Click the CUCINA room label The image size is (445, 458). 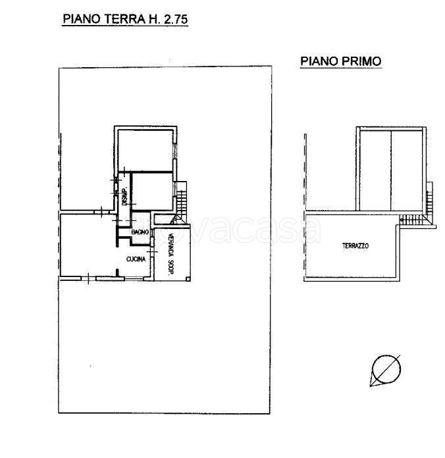pos(136,259)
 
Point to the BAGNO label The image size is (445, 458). pos(140,232)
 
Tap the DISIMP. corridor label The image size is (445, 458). pos(124,196)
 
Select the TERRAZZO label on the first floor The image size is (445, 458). pos(355,245)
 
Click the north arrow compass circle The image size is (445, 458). pos(386,369)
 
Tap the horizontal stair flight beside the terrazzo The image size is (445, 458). pos(414,219)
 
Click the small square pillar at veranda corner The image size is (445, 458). pos(188,280)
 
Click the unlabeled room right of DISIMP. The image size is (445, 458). pos(152,191)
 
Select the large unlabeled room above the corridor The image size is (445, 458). pos(145,150)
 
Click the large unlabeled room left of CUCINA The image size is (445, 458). pos(88,245)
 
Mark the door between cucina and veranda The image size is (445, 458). pos(152,251)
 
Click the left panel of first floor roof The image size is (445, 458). pos(375,170)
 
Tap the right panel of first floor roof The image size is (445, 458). pos(407,170)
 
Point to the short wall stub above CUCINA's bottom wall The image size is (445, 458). pos(117,272)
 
